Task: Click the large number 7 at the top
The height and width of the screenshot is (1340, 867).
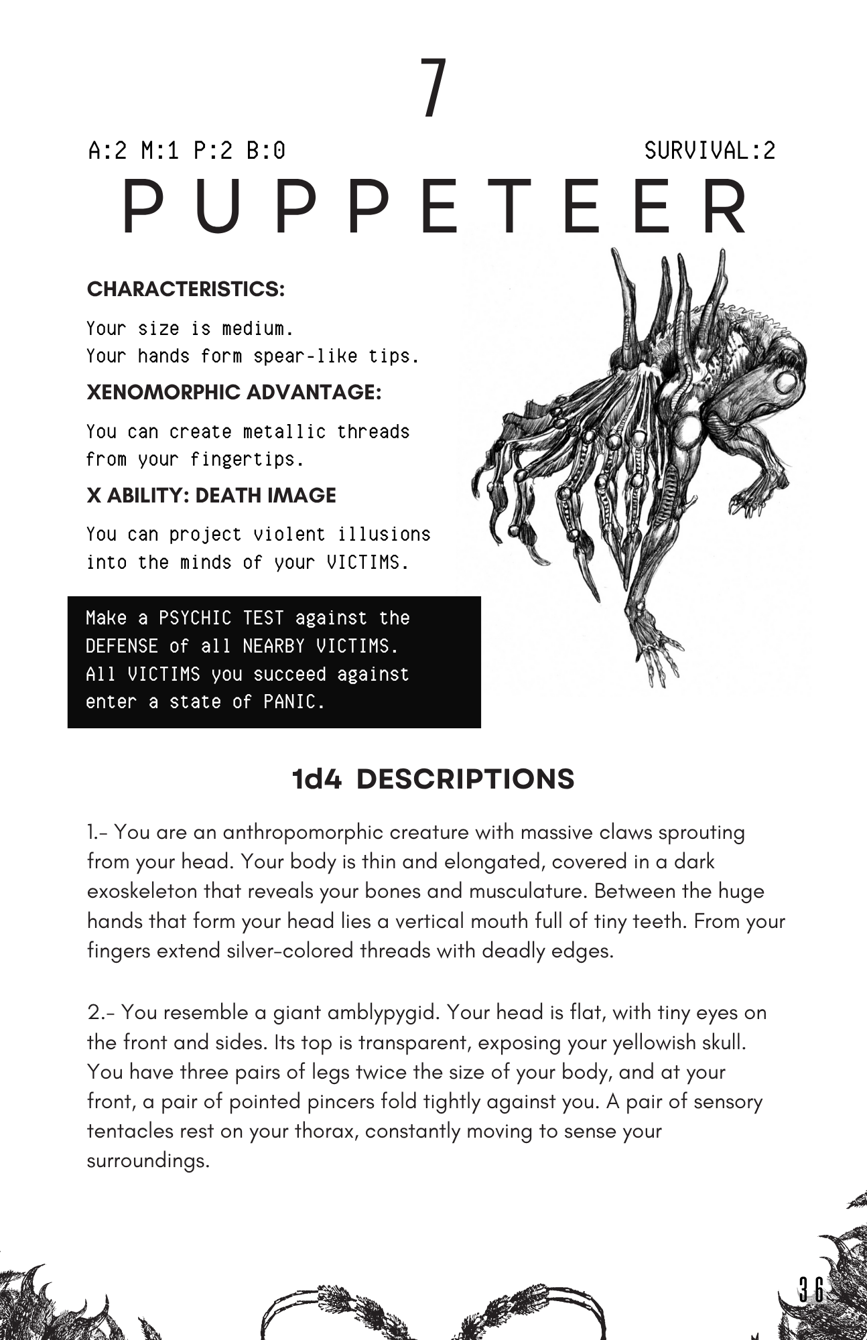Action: click(x=433, y=88)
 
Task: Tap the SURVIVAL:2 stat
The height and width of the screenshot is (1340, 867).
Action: click(x=710, y=151)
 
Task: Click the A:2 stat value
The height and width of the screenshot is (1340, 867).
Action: click(x=107, y=151)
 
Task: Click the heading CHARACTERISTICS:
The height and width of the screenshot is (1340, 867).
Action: click(x=186, y=289)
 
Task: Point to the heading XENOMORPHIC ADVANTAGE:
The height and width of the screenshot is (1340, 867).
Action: click(x=234, y=393)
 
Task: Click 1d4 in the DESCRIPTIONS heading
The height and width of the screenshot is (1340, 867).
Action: click(x=317, y=779)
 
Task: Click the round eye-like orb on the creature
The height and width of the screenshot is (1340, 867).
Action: click(x=785, y=383)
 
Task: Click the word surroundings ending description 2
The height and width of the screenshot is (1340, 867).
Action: click(x=148, y=1161)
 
